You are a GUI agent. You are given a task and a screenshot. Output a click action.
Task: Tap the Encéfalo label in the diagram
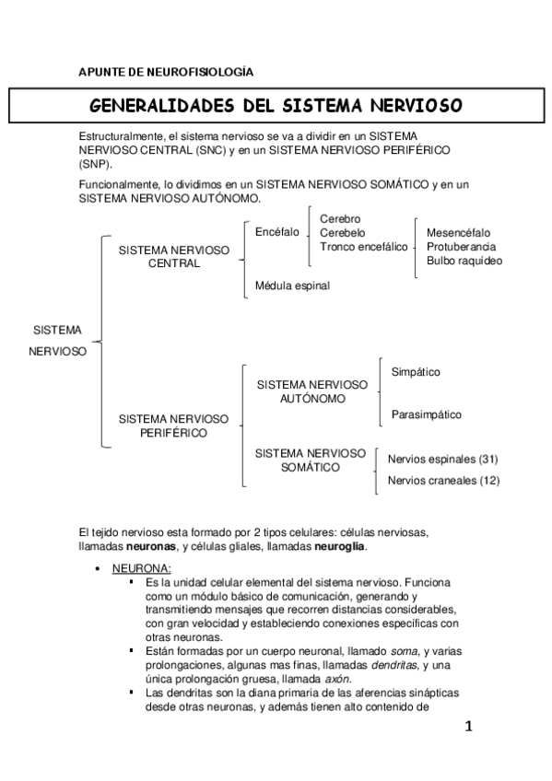coord(276,232)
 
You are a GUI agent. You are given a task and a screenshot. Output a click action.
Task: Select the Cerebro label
coord(340,219)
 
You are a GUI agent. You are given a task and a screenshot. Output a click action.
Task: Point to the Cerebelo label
coord(343,233)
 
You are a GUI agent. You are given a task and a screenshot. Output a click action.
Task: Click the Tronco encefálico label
coord(363,247)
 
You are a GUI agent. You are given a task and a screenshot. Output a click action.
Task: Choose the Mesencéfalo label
coord(459,233)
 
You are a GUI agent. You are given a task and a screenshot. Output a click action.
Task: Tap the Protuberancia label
coord(462,247)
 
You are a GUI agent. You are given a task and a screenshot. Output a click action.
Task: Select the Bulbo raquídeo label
coord(464,261)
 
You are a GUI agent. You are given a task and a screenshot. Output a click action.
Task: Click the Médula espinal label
coord(291,286)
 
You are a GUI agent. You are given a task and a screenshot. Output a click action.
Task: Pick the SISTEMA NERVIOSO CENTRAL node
coord(174,256)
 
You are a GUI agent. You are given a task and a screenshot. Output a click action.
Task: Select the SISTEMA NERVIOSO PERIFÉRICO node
coord(174,425)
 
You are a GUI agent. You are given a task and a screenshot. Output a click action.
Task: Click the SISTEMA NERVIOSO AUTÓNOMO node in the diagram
coord(311,391)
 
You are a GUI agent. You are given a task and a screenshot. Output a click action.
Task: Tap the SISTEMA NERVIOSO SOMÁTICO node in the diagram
coord(311,460)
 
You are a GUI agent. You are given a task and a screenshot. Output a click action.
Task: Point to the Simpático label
coord(416,372)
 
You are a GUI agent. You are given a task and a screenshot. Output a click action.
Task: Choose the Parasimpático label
coord(427,414)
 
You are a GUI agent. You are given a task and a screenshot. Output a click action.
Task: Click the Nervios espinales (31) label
coord(443,459)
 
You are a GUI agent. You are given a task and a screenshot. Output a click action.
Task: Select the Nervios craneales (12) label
coord(443,480)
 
